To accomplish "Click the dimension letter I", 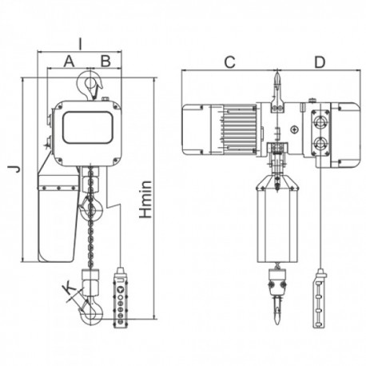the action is click(80, 44).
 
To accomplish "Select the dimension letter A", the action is click(69, 61).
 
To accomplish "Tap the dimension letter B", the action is click(105, 61).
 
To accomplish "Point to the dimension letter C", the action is click(229, 62).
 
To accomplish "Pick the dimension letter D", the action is click(320, 62).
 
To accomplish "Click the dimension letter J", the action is click(14, 169).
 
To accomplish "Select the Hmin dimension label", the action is click(145, 200).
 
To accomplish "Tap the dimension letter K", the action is click(69, 289).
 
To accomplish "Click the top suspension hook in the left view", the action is click(90, 84).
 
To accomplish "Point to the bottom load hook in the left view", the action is click(91, 312).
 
